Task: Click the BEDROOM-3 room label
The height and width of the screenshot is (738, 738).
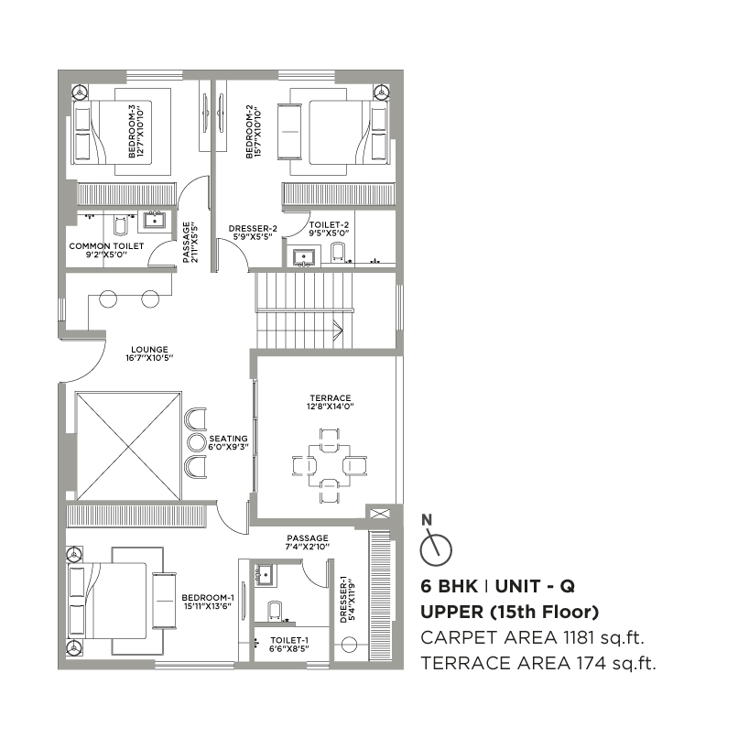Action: pyautogui.click(x=132, y=131)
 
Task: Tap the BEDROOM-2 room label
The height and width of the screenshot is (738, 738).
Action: pyautogui.click(x=249, y=131)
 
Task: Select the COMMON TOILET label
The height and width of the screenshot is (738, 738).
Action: pyautogui.click(x=106, y=246)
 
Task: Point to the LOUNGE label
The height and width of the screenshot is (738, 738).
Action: pyautogui.click(x=149, y=350)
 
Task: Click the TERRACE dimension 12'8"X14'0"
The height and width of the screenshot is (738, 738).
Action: pyautogui.click(x=331, y=407)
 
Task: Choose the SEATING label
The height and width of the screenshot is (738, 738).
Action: pyautogui.click(x=228, y=439)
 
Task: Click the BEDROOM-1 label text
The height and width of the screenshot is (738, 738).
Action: pyautogui.click(x=208, y=598)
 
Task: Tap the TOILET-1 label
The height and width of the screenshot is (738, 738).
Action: pyautogui.click(x=289, y=640)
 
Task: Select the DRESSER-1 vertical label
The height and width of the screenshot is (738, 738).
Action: pyautogui.click(x=343, y=600)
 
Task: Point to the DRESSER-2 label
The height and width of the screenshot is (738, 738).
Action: pyautogui.click(x=253, y=229)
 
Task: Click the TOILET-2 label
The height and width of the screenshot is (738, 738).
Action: pyautogui.click(x=329, y=225)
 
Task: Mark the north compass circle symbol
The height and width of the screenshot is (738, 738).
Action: pyautogui.click(x=436, y=549)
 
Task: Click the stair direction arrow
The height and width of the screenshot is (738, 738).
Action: pyautogui.click(x=338, y=329)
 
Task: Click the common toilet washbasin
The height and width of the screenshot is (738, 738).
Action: pyautogui.click(x=155, y=220)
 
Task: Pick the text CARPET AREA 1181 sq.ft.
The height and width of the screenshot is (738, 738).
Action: pyautogui.click(x=532, y=638)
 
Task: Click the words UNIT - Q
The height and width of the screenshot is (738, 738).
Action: pyautogui.click(x=535, y=586)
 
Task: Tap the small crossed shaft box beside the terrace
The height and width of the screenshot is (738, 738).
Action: pyautogui.click(x=377, y=513)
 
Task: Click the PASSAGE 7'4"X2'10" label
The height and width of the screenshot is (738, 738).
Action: pyautogui.click(x=308, y=542)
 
